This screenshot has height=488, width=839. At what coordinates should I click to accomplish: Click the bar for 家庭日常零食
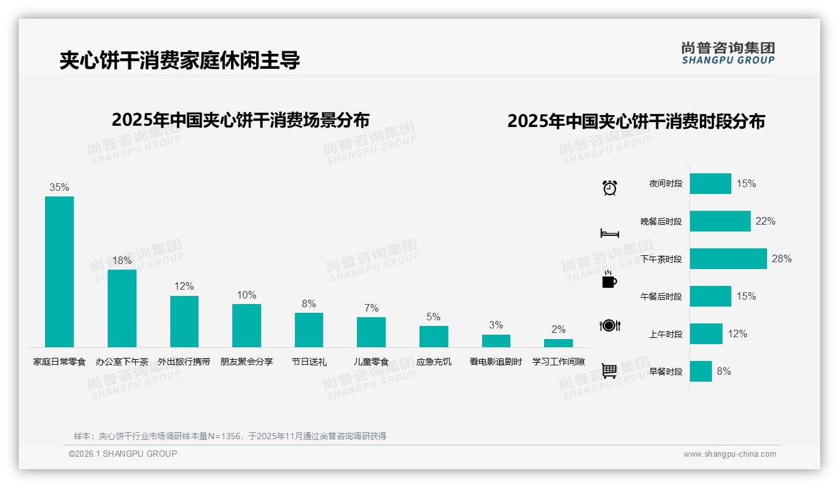point(59,272)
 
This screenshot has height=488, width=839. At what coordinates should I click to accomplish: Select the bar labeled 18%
point(121,308)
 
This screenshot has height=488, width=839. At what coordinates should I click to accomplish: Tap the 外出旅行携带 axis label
point(184,362)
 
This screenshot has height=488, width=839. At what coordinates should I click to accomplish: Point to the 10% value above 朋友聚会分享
point(247,295)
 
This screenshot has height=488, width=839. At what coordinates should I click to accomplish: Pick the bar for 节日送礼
point(309,330)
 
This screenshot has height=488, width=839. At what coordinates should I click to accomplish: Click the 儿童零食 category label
point(371,362)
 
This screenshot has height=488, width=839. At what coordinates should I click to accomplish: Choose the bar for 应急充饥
point(433,337)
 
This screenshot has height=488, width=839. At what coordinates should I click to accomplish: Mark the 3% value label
point(496,325)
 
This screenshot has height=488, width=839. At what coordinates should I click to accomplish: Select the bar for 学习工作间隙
point(558,343)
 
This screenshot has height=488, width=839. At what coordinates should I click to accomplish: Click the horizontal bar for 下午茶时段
point(728,258)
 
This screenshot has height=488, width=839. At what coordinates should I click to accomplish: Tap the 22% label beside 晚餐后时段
point(765,221)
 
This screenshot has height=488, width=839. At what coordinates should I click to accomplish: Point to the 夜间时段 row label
point(666,184)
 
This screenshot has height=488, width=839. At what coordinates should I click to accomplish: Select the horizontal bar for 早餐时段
point(701,371)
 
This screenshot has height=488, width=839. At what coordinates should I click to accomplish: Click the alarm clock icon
point(609,187)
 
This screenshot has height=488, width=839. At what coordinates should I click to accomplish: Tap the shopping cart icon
point(609,370)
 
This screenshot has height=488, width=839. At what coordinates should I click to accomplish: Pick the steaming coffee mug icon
point(609,280)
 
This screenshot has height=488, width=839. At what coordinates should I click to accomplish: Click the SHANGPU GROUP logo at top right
point(728,53)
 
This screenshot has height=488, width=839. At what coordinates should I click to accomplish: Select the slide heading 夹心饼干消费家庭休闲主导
point(180,60)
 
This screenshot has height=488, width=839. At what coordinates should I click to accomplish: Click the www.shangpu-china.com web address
point(729,454)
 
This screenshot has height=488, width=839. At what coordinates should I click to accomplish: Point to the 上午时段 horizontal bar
point(706,333)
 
